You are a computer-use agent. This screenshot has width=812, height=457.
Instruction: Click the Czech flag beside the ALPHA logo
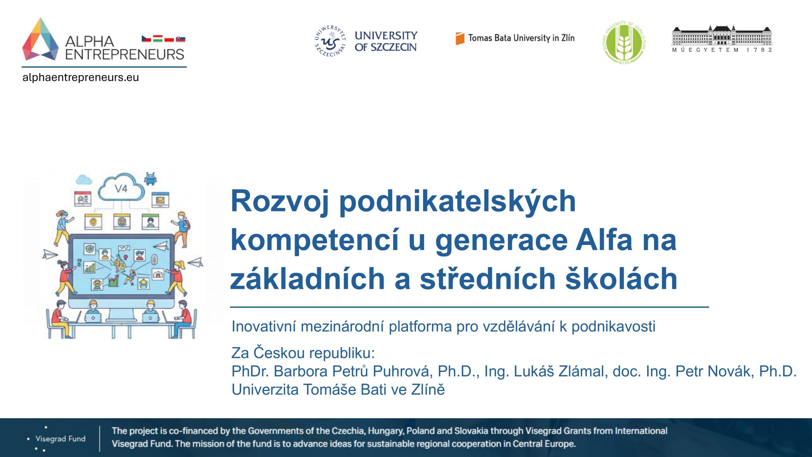pyautogui.click(x=146, y=39)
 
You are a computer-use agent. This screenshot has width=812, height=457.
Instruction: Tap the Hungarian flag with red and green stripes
pyautogui.click(x=158, y=39)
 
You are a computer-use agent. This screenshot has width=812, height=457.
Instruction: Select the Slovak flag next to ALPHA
pyautogui.click(x=180, y=39)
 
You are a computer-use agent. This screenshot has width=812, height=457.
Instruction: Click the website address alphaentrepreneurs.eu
pyautogui.click(x=81, y=77)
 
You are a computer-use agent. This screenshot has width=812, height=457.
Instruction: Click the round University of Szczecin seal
pyautogui.click(x=330, y=41)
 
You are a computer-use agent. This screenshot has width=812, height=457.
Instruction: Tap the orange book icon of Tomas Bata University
pyautogui.click(x=460, y=38)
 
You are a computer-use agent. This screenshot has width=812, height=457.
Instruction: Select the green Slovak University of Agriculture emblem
pyautogui.click(x=624, y=43)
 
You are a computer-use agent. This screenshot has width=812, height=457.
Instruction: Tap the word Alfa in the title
pyautogui.click(x=604, y=240)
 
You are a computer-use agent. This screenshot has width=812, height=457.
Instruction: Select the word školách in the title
pyautogui.click(x=622, y=278)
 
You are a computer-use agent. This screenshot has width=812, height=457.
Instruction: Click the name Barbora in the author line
pyautogui.click(x=300, y=371)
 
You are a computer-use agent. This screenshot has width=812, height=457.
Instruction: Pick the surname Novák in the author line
pyautogui.click(x=731, y=371)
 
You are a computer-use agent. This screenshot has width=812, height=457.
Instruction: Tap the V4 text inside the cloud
pyautogui.click(x=121, y=189)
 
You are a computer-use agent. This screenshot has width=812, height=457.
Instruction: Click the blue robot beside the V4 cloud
pyautogui.click(x=150, y=178)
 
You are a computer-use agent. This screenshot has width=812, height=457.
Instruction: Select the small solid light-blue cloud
pyautogui.click(x=84, y=180)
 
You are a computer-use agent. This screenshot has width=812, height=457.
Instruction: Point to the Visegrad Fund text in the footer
pyautogui.click(x=61, y=439)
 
